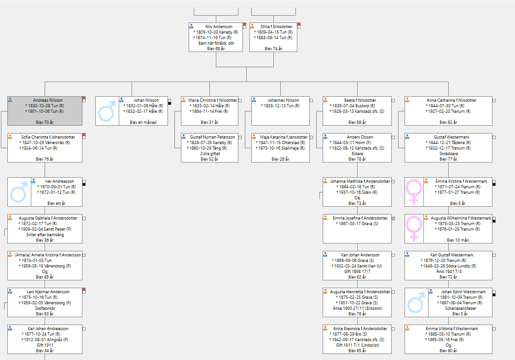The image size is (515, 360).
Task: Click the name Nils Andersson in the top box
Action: (x=219, y=27)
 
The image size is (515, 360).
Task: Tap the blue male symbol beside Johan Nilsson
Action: (x=107, y=111)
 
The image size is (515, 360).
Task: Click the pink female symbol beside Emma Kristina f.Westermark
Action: (x=414, y=192)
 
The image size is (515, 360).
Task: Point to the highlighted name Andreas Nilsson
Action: (x=47, y=100)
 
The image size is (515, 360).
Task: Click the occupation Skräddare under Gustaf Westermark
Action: (x=448, y=154)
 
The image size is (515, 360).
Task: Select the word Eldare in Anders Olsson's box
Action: (x=357, y=154)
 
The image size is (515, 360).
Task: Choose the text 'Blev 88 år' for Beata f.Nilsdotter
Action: (x=357, y=122)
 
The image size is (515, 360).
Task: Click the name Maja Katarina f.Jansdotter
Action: (x=284, y=137)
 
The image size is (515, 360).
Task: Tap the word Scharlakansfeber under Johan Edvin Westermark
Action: (x=461, y=308)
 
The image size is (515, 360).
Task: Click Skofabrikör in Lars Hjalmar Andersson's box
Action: (x=45, y=308)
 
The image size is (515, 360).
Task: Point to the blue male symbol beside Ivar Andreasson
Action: (x=19, y=192)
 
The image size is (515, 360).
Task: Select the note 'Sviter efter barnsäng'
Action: (x=45, y=235)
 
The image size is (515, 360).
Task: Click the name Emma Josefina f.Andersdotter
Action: (x=360, y=218)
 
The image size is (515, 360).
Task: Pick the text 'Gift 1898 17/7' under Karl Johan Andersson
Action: (x=357, y=272)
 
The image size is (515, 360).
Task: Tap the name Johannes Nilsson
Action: (x=283, y=100)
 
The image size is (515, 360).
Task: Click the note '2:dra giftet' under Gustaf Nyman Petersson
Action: (x=210, y=154)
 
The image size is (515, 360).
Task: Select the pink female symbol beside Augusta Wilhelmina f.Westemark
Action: (x=414, y=228)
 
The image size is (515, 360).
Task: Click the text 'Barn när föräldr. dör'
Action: (x=216, y=43)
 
